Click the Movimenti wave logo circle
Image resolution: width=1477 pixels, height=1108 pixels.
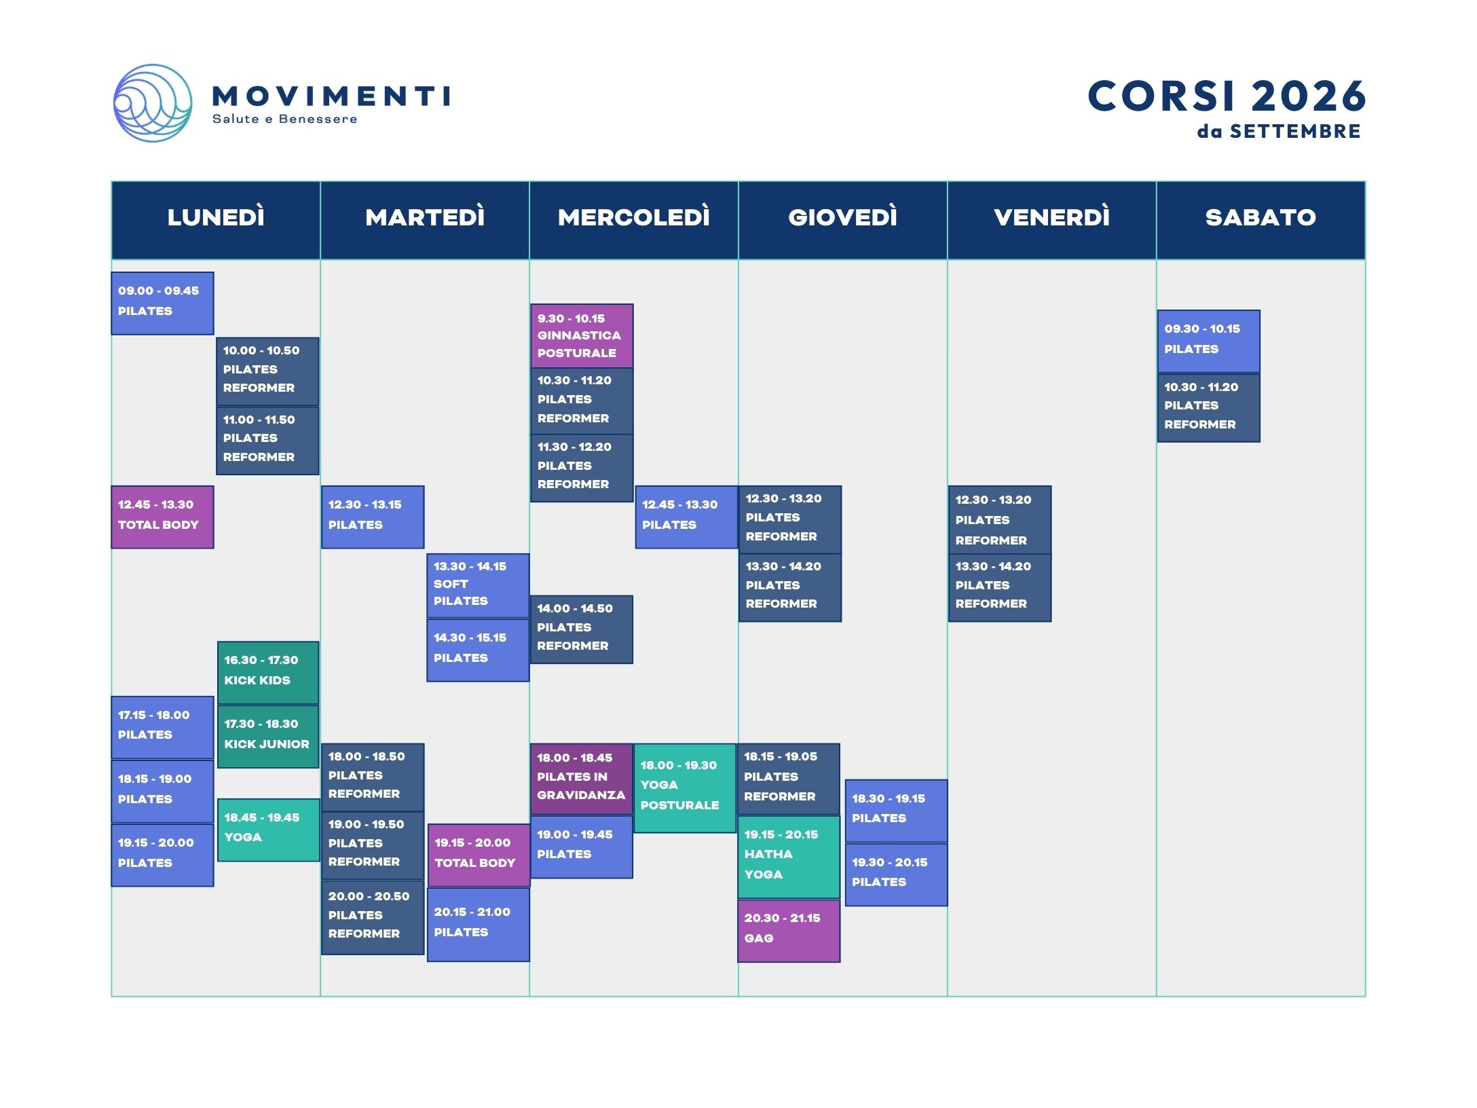click(x=153, y=103)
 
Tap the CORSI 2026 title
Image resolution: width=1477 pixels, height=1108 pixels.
click(x=1227, y=96)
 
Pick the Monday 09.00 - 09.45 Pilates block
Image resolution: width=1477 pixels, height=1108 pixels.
click(x=163, y=303)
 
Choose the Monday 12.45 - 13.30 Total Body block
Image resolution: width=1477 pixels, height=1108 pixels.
click(x=163, y=517)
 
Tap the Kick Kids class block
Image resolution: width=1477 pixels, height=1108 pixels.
click(x=268, y=673)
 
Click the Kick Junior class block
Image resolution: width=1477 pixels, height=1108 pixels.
click(x=268, y=737)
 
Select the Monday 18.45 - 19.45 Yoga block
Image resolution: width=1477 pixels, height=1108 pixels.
click(x=268, y=830)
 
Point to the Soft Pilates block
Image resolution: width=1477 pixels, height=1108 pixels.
click(x=478, y=585)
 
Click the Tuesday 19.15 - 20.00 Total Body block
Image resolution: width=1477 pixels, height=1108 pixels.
click(x=479, y=855)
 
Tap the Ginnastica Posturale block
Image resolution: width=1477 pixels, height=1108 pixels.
click(x=582, y=336)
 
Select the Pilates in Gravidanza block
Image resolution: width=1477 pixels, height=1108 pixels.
click(x=582, y=779)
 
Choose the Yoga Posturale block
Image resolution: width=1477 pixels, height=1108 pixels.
click(x=686, y=788)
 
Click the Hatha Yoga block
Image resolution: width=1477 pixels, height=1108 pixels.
click(x=789, y=857)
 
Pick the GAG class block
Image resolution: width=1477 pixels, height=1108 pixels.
click(x=789, y=931)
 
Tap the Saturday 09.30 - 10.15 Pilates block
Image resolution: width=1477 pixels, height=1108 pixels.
click(x=1209, y=341)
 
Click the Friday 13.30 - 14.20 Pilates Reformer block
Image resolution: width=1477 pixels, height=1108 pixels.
click(x=1000, y=587)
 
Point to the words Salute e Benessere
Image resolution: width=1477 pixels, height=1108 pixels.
click(x=284, y=119)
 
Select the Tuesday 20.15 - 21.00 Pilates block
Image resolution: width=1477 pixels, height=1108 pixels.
click(x=479, y=925)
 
